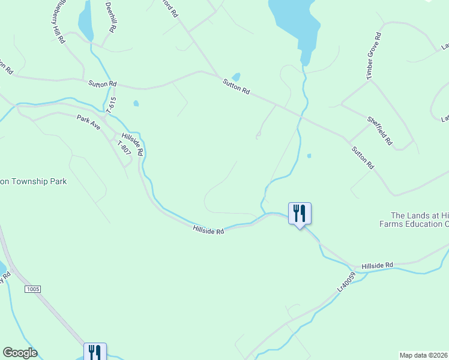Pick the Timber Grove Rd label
coord(375,56)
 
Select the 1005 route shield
coord(33,289)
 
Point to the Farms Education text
coord(414,224)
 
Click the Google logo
coord(20,353)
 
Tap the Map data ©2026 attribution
coord(424,355)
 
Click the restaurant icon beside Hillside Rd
coord(300,213)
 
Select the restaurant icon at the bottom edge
coord(95,352)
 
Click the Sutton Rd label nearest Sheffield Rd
coord(363,158)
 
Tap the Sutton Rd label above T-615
coord(102,85)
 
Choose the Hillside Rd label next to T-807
coord(133,144)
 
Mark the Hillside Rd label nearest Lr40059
coord(377,265)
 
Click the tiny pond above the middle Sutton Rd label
coord(236,77)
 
